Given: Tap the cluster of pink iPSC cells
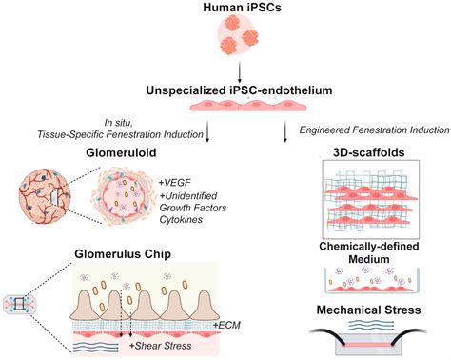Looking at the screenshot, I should [226, 40].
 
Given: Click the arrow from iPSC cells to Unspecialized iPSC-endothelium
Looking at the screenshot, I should [226, 73].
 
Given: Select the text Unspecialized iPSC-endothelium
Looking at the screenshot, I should [226, 91].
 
